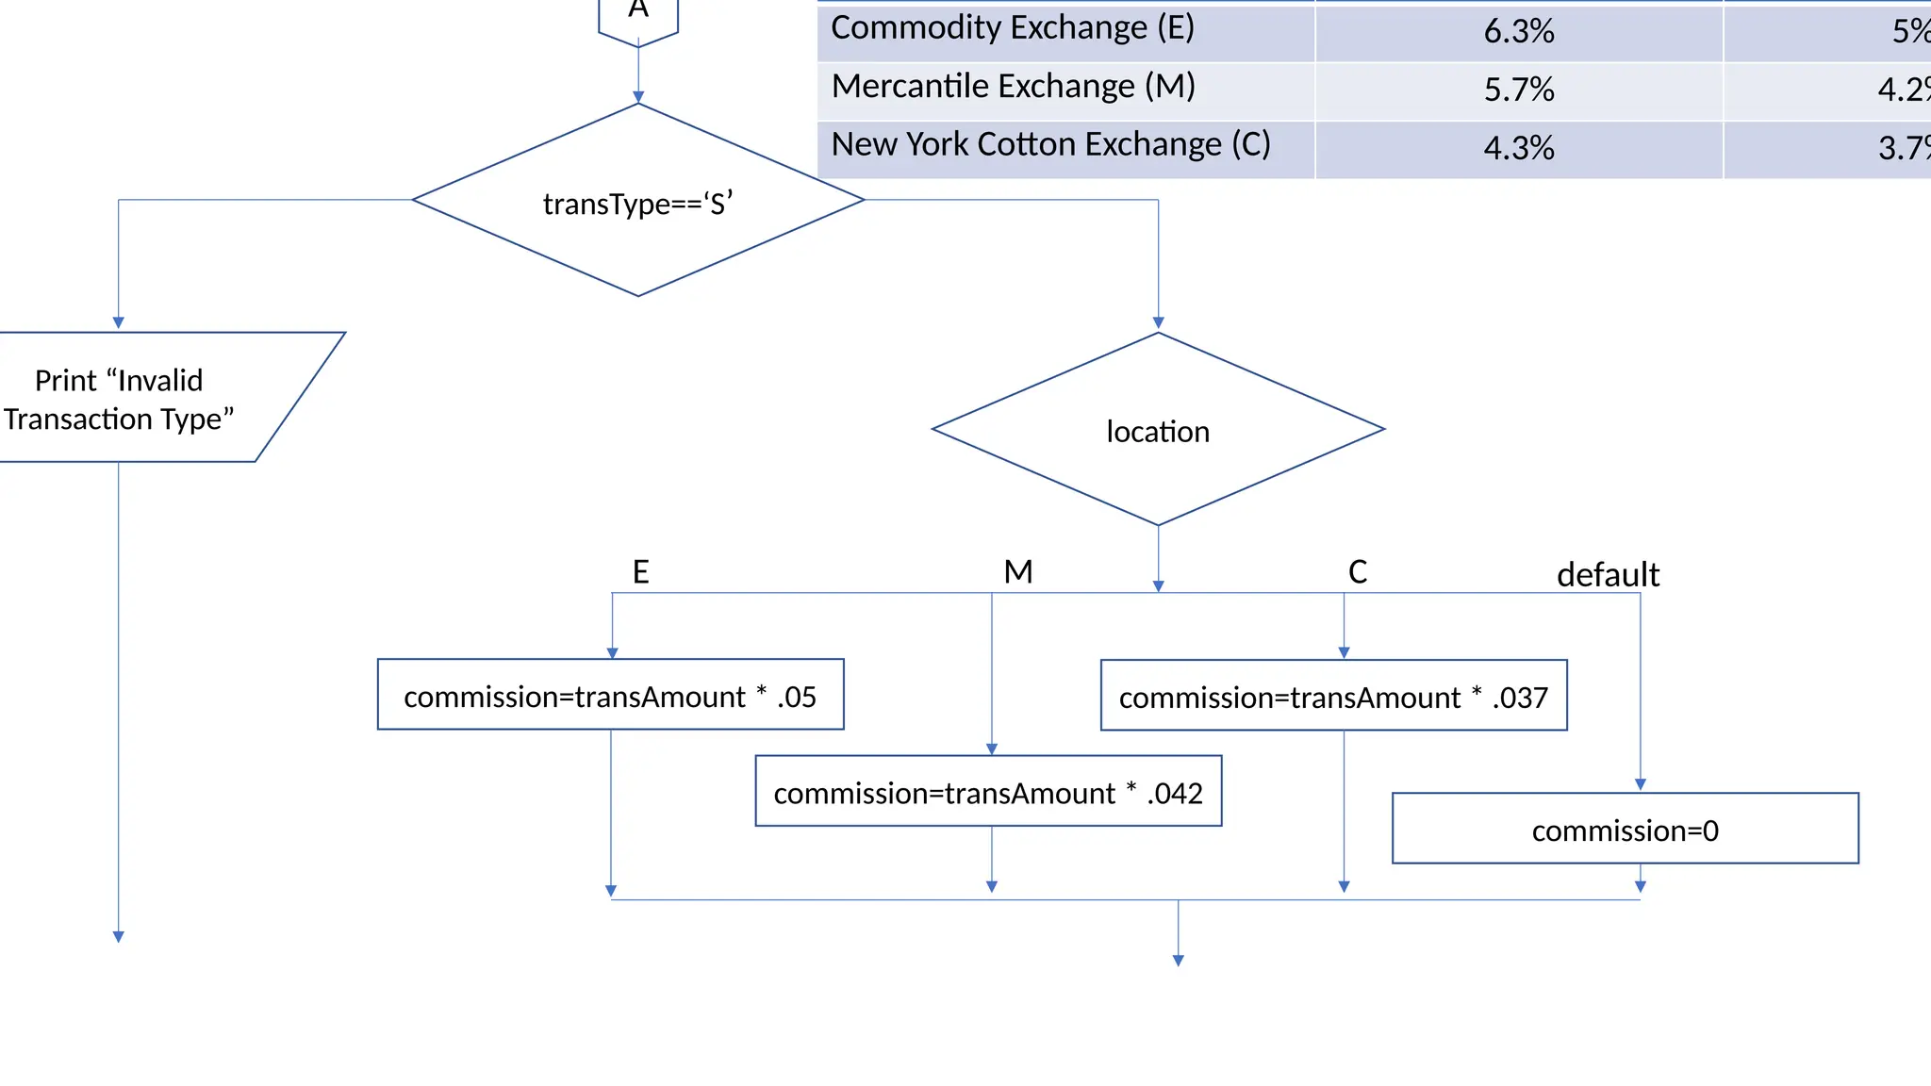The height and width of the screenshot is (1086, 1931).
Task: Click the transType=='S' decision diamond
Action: (x=638, y=201)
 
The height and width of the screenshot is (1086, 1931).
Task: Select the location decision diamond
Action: (x=1158, y=430)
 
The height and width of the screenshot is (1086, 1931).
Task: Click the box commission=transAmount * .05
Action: (x=610, y=696)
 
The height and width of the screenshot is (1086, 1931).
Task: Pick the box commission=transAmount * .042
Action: (x=988, y=792)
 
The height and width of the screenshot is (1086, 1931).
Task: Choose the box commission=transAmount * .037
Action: (x=1333, y=697)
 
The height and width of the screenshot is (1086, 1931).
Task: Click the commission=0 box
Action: (x=1625, y=830)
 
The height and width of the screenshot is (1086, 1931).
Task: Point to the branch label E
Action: (x=640, y=571)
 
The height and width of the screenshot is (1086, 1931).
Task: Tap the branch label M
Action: (x=1018, y=571)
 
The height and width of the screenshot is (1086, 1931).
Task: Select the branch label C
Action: (x=1357, y=571)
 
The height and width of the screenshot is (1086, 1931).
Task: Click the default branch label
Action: (x=1608, y=574)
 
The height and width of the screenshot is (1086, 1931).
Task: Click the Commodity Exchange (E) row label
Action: (x=1012, y=28)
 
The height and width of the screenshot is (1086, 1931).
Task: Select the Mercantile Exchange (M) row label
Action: (x=1013, y=87)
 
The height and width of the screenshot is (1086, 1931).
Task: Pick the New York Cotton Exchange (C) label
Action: (x=1050, y=145)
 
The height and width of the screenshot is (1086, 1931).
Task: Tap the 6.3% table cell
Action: (x=1518, y=31)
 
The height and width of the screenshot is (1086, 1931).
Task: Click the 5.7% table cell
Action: (x=1518, y=90)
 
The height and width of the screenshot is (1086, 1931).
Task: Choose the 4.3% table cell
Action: (x=1518, y=148)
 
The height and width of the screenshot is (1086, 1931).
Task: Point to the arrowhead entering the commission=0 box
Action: (x=1641, y=784)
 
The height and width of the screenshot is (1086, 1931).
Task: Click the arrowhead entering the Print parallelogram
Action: (x=119, y=322)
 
